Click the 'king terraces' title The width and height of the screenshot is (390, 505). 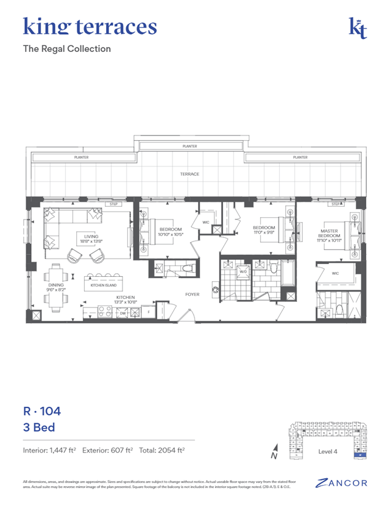pos(90,26)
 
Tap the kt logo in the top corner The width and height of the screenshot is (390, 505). pos(358,28)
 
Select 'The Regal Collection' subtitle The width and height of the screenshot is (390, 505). pos(67,49)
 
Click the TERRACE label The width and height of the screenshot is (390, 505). pos(190,174)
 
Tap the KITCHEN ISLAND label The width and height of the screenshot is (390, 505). pos(103,285)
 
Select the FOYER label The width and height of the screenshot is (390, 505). pos(193,294)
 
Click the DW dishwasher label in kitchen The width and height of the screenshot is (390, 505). pos(122,313)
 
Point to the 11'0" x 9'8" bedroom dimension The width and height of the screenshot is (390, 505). pos(265,232)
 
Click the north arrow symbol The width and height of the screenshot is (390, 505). pos(275,453)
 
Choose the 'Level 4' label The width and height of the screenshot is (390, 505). pos(327,451)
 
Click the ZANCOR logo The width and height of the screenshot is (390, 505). pos(342,482)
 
